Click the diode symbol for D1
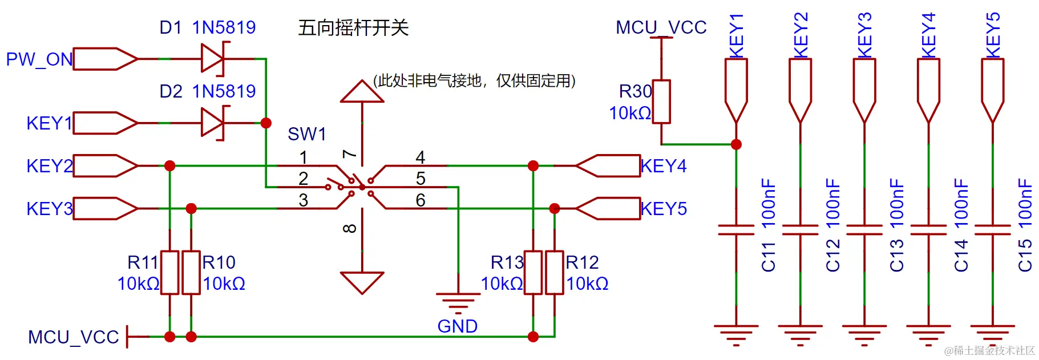(212, 59)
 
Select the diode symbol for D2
(212, 123)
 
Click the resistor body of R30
(661, 102)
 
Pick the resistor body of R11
(169, 272)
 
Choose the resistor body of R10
(191, 272)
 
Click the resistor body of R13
(533, 272)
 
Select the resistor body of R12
(555, 272)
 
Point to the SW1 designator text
(307, 134)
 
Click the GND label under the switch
(457, 326)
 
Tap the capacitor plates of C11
(736, 230)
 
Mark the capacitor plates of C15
(993, 230)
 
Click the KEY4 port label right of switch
(664, 166)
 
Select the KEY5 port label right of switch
(664, 209)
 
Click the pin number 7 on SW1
(349, 154)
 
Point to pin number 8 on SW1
(349, 228)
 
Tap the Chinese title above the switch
(353, 27)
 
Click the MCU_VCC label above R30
(661, 27)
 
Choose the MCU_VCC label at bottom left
(74, 337)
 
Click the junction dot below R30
(736, 144)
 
